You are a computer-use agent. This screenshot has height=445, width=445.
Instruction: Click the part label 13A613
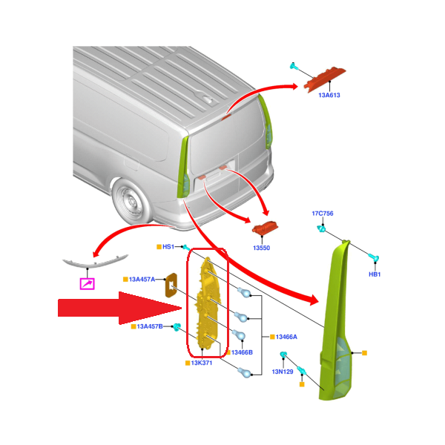click(x=329, y=96)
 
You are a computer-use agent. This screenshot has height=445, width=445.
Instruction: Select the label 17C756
click(x=322, y=214)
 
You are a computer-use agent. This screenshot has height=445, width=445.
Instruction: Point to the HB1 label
click(x=375, y=274)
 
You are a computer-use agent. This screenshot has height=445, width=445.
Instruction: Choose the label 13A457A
click(x=142, y=280)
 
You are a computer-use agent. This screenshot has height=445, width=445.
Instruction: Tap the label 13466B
click(x=241, y=352)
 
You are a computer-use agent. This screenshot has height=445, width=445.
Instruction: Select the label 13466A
click(x=285, y=337)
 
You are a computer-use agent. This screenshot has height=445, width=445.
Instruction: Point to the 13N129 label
click(x=283, y=371)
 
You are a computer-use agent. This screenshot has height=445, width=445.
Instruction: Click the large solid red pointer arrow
click(x=119, y=308)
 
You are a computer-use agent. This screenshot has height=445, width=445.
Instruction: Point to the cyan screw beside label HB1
click(x=375, y=258)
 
